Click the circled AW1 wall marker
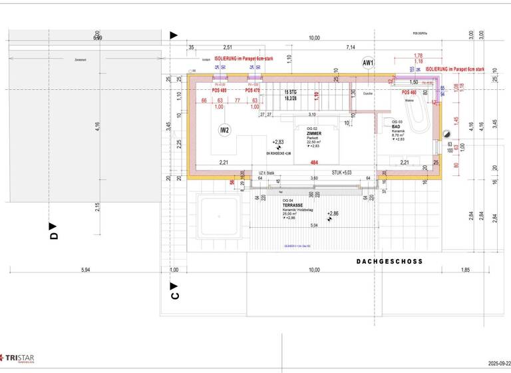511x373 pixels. point(369,63)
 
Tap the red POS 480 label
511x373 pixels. point(220,90)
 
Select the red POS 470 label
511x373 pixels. point(253,90)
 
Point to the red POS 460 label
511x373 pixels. point(409,93)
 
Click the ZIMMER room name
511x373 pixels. point(314,133)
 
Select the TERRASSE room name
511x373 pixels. point(293,205)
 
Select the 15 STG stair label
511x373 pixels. point(290,91)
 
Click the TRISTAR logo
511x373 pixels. point(18,359)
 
